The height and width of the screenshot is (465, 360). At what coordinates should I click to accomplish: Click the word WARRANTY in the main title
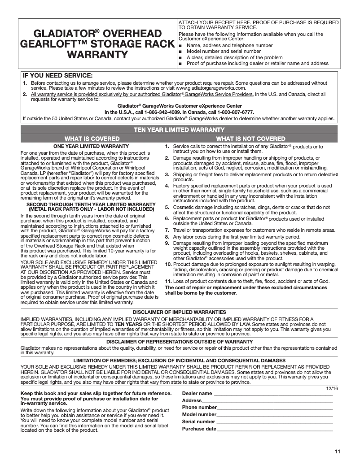(97, 55)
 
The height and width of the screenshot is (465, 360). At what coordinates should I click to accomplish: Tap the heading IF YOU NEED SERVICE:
(58, 75)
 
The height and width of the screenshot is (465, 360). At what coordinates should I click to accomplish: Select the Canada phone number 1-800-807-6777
(237, 112)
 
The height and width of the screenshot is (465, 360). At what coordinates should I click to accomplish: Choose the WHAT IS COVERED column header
(92, 139)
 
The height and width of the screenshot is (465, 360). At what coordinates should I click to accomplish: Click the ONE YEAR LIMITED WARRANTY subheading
(91, 146)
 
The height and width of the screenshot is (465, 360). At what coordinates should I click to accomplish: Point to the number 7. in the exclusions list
(167, 230)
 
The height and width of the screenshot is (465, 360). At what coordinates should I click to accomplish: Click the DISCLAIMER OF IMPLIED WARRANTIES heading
(180, 312)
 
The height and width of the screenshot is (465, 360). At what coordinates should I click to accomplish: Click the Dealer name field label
(197, 393)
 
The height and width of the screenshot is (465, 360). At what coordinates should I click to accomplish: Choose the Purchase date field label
(199, 429)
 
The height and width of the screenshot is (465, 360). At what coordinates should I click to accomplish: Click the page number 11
(337, 451)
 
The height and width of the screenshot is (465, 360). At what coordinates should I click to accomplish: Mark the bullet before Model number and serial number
(180, 52)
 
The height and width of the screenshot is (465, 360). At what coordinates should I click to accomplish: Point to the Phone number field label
(199, 408)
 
